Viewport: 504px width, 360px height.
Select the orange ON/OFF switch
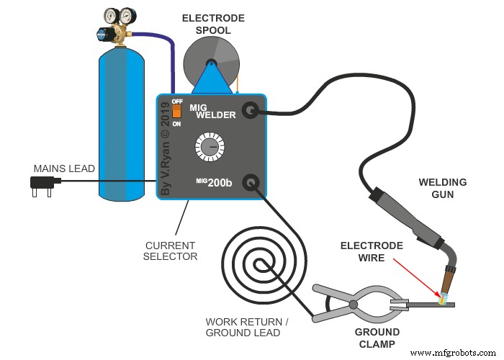[x=176, y=113]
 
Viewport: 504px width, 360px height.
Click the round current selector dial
[x=209, y=148]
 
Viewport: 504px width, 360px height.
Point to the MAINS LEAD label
[x=64, y=168]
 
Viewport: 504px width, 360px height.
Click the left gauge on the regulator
[x=112, y=15]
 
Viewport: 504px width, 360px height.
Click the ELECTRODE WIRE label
[x=372, y=252]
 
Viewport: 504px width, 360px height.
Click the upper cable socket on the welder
[x=250, y=109]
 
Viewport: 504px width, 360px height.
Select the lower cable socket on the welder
[x=250, y=182]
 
